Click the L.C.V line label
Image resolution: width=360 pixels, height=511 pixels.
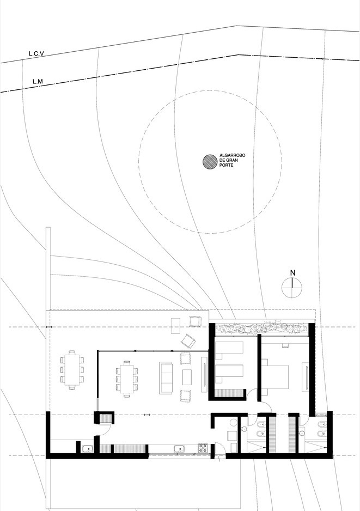(x=36, y=53)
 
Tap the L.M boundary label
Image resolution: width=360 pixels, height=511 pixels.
(x=38, y=82)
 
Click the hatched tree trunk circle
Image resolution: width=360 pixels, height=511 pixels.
(x=210, y=162)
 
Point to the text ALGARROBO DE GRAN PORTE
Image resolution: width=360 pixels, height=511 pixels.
(x=233, y=160)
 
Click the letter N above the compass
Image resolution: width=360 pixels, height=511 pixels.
(x=292, y=273)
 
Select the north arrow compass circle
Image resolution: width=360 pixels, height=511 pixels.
(x=292, y=288)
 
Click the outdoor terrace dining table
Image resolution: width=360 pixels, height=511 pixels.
(x=72, y=370)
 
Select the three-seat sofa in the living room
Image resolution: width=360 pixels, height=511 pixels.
(x=167, y=378)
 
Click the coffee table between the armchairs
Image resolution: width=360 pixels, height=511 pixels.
(x=187, y=377)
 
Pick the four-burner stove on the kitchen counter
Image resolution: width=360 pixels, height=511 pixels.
(x=202, y=448)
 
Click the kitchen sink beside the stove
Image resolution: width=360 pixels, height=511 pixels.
(x=179, y=449)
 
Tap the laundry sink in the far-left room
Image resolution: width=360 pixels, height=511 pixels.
(x=88, y=449)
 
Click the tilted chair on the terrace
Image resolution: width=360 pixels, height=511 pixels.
(x=188, y=341)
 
